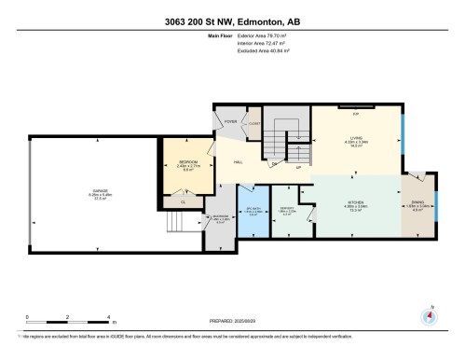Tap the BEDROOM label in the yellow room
[189, 162]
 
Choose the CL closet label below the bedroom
[184, 201]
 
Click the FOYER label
[229, 122]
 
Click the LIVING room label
[356, 137]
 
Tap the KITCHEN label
[354, 204]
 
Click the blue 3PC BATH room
[251, 211]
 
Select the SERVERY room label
[288, 209]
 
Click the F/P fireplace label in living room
[356, 113]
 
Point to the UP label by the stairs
[297, 168]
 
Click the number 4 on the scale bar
[109, 317]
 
